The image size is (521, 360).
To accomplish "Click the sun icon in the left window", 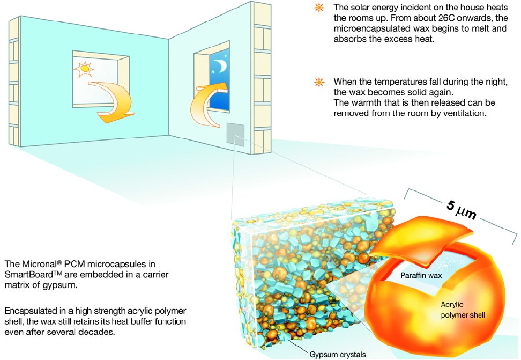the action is coord(83,69).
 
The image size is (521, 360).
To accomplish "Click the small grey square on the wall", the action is coord(235,133).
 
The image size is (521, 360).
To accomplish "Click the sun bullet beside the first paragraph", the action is coord(319,9).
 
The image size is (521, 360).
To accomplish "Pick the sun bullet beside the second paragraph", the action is coord(319,82).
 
